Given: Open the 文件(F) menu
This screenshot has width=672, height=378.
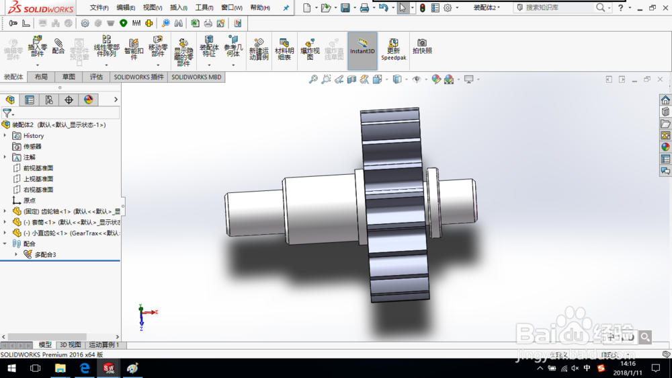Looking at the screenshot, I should [99, 8].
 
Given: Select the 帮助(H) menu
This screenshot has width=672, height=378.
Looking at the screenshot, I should [259, 8].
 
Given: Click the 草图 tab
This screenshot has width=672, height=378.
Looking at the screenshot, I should [69, 77].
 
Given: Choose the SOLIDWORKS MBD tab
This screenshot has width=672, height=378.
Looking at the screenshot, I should [196, 77].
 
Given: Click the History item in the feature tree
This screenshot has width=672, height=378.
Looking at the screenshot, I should [33, 136].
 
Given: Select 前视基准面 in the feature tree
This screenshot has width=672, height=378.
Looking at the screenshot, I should [38, 168].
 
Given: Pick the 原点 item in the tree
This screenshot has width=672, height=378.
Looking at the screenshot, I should [29, 200].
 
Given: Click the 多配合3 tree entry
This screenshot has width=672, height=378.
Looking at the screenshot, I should [45, 255].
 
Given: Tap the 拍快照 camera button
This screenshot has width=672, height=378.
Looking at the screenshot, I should [422, 46].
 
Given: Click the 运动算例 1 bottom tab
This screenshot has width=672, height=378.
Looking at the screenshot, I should [103, 345].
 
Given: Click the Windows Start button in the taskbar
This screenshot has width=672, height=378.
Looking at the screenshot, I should [11, 369].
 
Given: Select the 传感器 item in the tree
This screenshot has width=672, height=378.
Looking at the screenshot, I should [32, 147].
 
